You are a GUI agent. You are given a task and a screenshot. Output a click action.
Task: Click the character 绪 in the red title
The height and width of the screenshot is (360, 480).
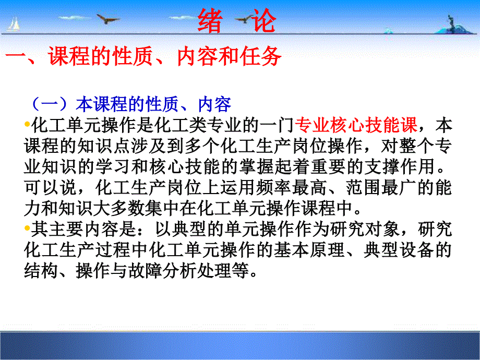click(210, 20)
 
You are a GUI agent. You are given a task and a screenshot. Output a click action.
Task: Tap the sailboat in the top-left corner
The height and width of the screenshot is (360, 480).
click(13, 24)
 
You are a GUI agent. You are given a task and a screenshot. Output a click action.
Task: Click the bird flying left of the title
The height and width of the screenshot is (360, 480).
click(107, 18)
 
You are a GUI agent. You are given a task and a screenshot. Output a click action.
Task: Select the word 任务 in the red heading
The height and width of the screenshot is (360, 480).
click(260, 56)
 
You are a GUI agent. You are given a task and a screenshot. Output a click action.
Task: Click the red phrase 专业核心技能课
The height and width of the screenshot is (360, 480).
click(356, 125)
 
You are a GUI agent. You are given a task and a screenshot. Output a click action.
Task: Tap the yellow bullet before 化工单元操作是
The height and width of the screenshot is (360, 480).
click(27, 124)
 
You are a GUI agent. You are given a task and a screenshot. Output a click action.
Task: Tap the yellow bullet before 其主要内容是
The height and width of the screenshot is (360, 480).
click(27, 228)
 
